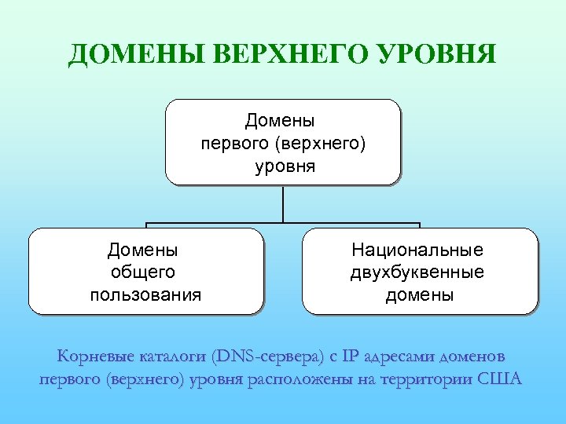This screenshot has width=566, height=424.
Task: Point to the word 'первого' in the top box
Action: tap(231, 144)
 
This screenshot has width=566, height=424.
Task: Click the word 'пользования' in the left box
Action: tap(145, 295)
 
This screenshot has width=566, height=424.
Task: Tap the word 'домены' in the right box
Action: tap(419, 295)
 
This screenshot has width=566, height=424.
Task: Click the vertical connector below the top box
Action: tap(282, 204)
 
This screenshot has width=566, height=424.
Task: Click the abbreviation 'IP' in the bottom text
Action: tap(351, 357)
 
